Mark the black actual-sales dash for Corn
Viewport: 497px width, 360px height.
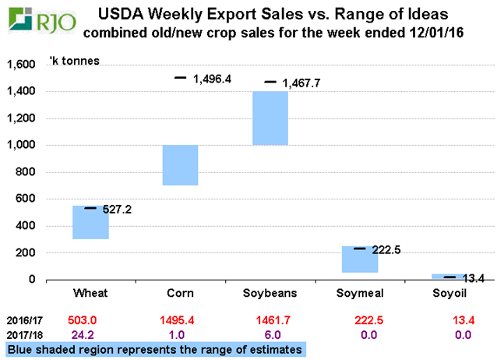(x=180, y=78)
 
